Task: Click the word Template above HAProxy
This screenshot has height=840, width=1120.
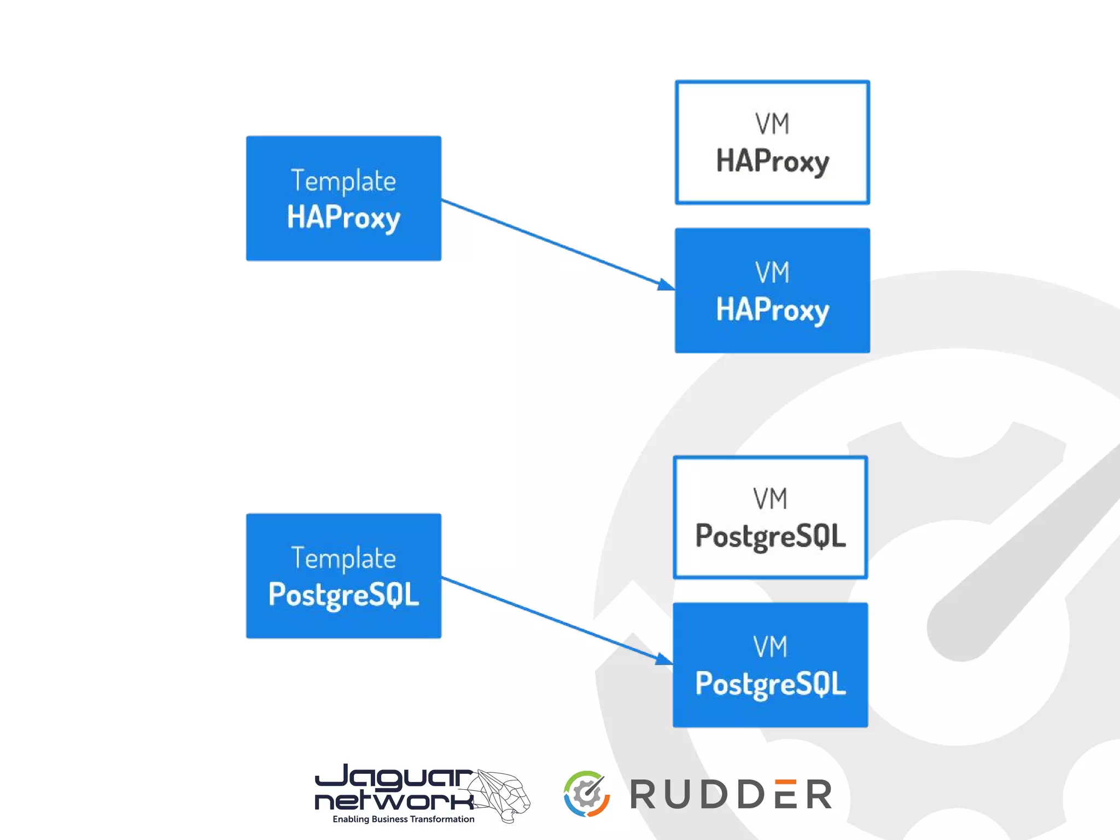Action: [343, 181]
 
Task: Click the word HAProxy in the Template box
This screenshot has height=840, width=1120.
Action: [343, 218]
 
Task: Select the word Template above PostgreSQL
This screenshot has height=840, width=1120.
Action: [343, 559]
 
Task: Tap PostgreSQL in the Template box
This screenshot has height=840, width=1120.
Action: [343, 595]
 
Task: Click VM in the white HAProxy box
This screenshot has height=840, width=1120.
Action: [772, 124]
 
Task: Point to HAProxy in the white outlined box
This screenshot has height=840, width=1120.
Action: [772, 161]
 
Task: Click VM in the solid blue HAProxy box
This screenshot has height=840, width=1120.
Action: [772, 272]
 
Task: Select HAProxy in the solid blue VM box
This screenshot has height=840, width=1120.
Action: [772, 309]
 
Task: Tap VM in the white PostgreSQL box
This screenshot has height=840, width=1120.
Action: [770, 499]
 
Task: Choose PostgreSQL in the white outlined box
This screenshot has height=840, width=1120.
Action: [770, 536]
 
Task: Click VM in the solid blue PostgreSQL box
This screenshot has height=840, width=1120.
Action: [770, 647]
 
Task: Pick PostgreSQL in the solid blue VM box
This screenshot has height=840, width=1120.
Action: [770, 684]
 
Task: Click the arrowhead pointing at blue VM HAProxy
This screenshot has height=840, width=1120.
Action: [666, 284]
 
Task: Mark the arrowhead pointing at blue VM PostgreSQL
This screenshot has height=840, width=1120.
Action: [664, 659]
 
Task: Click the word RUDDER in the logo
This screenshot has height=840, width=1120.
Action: [731, 795]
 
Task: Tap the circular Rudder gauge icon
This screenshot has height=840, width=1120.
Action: [586, 794]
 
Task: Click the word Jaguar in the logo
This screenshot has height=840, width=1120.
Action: [394, 777]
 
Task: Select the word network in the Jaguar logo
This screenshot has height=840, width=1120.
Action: [394, 801]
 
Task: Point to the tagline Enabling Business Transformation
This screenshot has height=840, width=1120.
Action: [403, 819]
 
